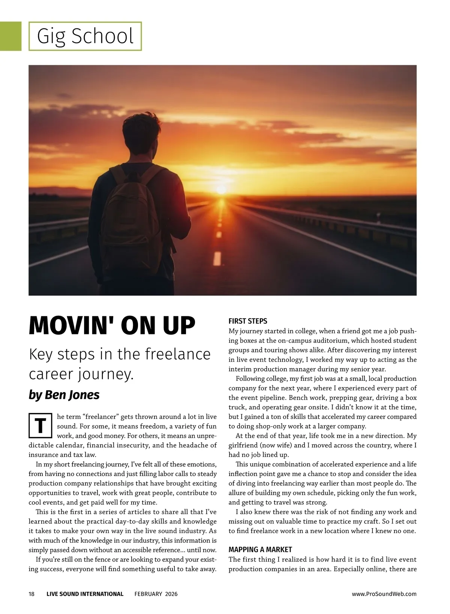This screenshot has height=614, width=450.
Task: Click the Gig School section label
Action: click(85, 36)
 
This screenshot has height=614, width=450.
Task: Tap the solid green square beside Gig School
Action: click(10, 36)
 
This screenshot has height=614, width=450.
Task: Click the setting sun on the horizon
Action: click(221, 189)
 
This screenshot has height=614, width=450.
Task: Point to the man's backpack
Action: click(131, 217)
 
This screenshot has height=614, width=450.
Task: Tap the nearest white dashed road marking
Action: click(217, 258)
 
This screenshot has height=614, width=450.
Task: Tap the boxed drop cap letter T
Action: click(40, 426)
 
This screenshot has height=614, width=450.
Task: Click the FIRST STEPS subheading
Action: click(248, 321)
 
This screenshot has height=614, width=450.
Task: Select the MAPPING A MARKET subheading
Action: click(260, 550)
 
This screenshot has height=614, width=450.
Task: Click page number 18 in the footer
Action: click(31, 594)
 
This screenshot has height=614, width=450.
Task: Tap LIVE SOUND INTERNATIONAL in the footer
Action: click(85, 594)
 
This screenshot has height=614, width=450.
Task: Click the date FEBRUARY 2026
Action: click(156, 594)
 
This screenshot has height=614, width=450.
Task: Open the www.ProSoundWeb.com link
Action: click(384, 594)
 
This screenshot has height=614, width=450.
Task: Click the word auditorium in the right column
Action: click(326, 340)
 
